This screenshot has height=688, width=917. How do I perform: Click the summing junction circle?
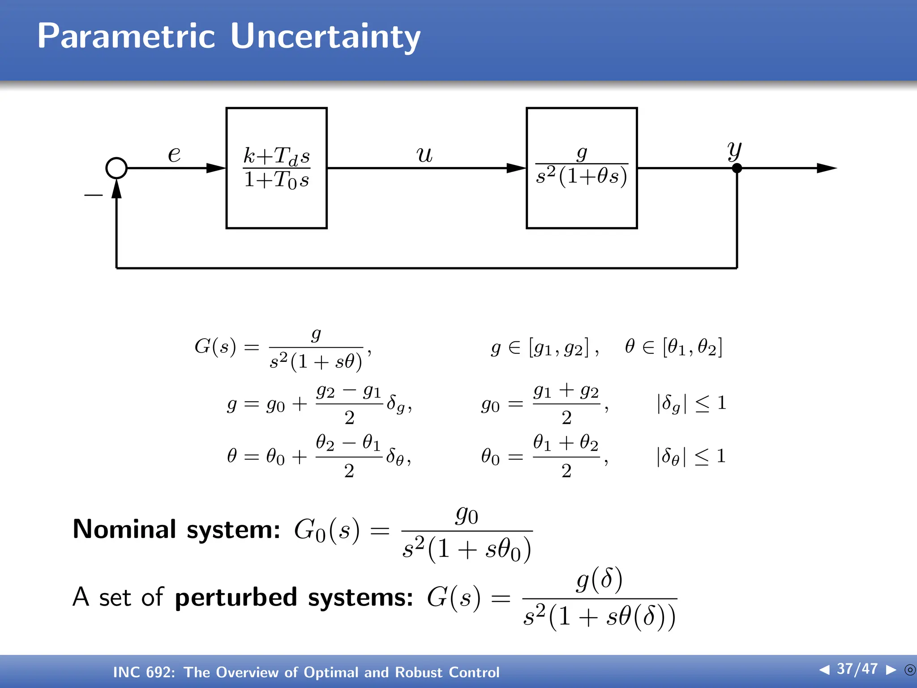(116, 168)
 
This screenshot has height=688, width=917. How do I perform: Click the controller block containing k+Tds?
(277, 168)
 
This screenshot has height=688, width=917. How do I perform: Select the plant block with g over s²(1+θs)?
(582, 168)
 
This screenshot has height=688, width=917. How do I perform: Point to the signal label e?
(174, 155)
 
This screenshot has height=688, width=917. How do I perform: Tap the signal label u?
(424, 155)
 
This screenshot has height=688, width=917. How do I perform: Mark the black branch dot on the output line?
(737, 168)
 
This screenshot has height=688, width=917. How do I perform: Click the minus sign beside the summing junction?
(93, 195)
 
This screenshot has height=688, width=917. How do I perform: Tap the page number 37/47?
(857, 669)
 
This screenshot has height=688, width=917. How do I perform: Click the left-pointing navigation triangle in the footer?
(824, 670)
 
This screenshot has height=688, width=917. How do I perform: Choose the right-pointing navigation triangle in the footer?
(891, 670)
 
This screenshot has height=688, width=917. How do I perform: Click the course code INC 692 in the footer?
(144, 672)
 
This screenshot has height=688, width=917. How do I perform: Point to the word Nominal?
(124, 529)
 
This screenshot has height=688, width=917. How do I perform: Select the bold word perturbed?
(236, 597)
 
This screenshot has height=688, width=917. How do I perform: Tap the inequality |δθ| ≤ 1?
(691, 457)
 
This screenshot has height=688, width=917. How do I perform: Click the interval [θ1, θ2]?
(693, 347)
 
